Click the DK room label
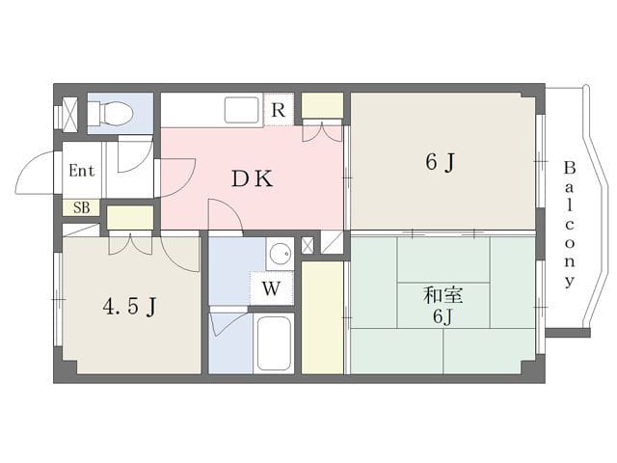[252, 179]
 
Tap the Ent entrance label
[82, 171]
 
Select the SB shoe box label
[81, 207]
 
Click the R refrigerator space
[279, 110]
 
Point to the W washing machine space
[271, 289]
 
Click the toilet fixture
[110, 113]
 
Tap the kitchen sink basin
[241, 110]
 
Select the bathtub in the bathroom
[274, 343]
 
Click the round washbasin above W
[280, 253]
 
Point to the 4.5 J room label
[130, 307]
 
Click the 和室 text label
[443, 295]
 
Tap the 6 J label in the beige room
[440, 161]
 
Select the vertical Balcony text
[570, 224]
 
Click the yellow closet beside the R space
[322, 105]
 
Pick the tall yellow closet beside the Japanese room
[322, 317]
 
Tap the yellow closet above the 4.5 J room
[130, 217]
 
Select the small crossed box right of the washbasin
[307, 245]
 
